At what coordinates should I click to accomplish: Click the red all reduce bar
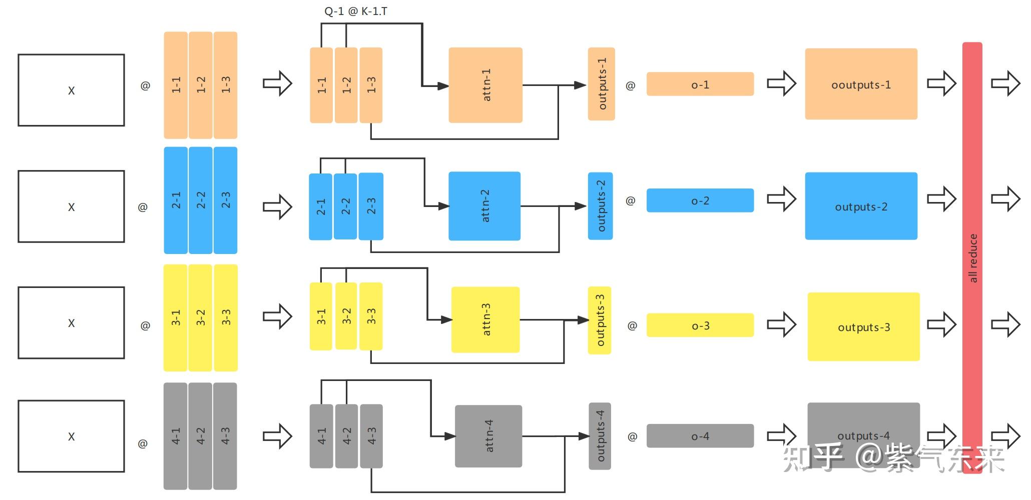point(972,257)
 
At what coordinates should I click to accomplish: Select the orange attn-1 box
point(485,85)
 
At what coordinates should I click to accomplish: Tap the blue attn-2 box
point(484,206)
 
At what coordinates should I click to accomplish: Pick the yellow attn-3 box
point(485,319)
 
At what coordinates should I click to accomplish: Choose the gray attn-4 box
point(488,436)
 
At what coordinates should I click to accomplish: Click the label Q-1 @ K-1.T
point(355,11)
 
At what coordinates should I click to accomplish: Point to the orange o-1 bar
point(700,84)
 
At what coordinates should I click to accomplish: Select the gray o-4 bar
point(700,436)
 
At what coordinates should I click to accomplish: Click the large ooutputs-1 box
point(861,84)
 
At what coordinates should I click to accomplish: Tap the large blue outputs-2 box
point(861,206)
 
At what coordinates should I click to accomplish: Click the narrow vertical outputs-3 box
point(600,320)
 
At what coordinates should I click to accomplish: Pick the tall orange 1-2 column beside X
point(201,85)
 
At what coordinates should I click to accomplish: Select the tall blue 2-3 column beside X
point(226,200)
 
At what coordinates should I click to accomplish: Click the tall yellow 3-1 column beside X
point(176,317)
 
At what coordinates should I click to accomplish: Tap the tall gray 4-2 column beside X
point(201,436)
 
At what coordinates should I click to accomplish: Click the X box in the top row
point(71,90)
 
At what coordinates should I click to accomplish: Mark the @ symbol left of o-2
point(630,201)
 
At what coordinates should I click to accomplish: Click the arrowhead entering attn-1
point(443,86)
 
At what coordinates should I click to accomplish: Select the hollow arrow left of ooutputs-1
point(781,83)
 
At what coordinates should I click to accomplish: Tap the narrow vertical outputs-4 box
point(600,436)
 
